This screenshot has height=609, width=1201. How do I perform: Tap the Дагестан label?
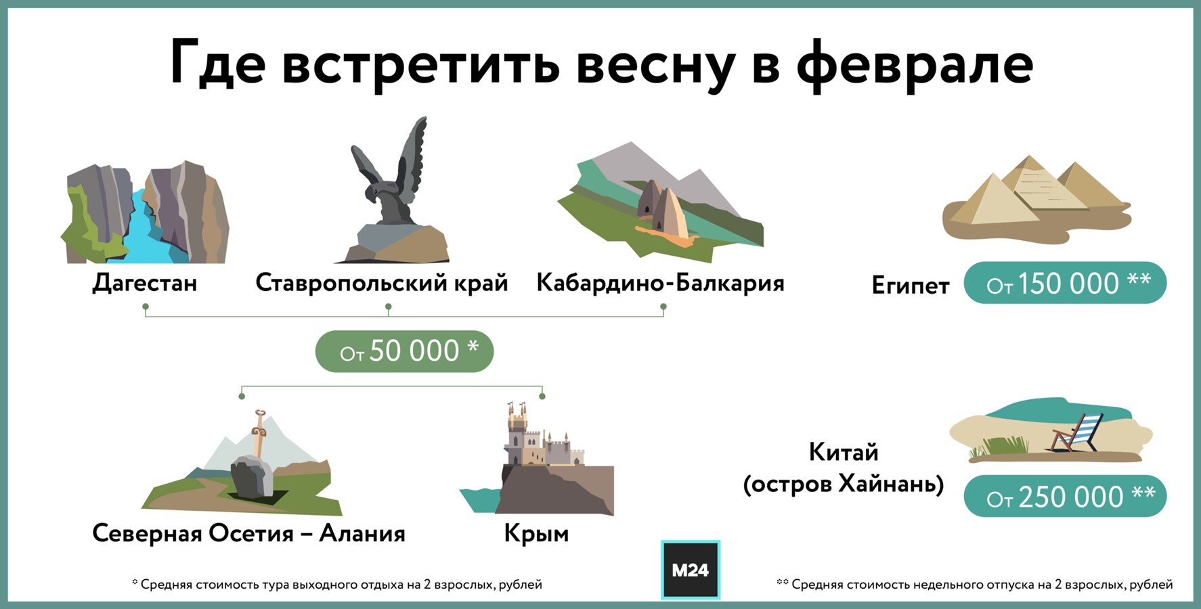tap(145, 282)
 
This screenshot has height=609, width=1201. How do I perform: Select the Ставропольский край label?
tap(382, 282)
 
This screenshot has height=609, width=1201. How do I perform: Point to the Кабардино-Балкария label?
tap(660, 282)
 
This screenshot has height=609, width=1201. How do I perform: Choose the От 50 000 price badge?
tap(404, 351)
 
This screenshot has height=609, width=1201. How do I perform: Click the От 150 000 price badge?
tap(1065, 283)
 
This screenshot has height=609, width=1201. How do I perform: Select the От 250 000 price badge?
tap(1065, 497)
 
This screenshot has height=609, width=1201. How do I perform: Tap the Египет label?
tap(910, 286)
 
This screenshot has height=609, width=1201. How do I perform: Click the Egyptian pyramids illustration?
tap(1036, 198)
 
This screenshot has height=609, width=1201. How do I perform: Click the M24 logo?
tap(690, 570)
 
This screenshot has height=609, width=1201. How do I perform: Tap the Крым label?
tap(536, 534)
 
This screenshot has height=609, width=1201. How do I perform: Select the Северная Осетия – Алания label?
tap(248, 533)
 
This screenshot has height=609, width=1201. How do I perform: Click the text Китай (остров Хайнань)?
tap(844, 468)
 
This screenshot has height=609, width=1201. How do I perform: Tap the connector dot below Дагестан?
tap(146, 307)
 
